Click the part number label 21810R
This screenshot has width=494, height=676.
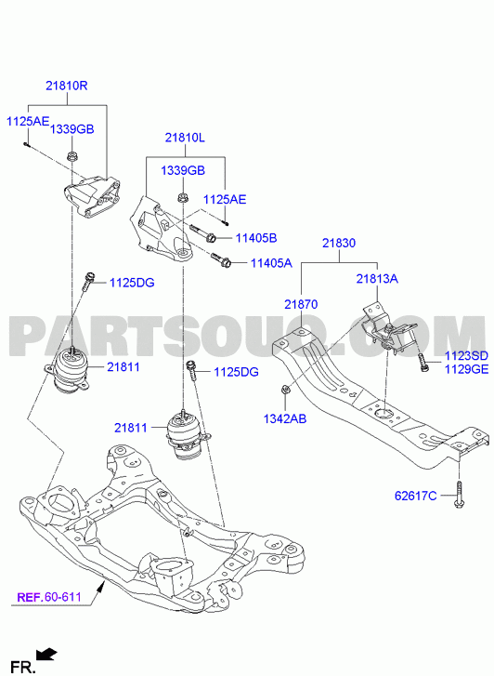click(x=67, y=86)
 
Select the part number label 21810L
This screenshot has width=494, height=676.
click(x=185, y=138)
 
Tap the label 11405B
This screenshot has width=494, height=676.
click(x=256, y=238)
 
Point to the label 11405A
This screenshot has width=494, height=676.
click(x=271, y=263)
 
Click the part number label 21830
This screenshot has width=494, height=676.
click(x=339, y=243)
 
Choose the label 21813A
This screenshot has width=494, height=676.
click(x=377, y=279)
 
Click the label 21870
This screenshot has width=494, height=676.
click(x=301, y=305)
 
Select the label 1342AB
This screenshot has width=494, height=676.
click(x=285, y=418)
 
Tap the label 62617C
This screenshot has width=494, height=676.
click(x=416, y=496)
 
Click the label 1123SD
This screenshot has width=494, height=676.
click(x=466, y=356)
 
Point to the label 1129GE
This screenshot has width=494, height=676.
click(x=466, y=369)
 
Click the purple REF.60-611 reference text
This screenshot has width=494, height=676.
click(x=49, y=597)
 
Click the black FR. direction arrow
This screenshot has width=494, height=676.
click(x=46, y=655)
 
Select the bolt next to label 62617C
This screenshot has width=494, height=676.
click(x=459, y=495)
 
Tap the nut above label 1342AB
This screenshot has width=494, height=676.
click(x=285, y=390)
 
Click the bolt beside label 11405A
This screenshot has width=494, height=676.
click(x=221, y=259)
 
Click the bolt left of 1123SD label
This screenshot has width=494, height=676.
click(x=422, y=363)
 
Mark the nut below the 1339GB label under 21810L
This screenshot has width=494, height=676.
click(x=182, y=198)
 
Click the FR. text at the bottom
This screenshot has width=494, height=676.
click(x=22, y=667)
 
